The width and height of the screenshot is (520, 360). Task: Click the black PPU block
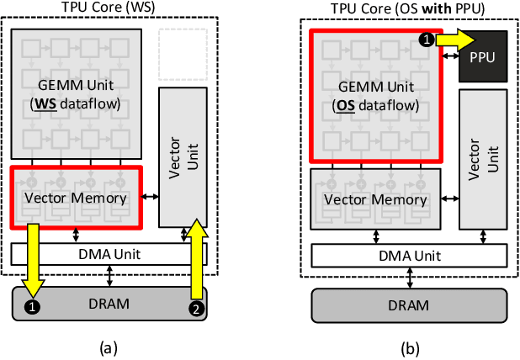(482, 56)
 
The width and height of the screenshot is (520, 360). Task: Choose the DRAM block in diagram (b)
(409, 304)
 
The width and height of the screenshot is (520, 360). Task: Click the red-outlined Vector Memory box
(77, 198)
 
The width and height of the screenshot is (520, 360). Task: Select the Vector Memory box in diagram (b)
(375, 199)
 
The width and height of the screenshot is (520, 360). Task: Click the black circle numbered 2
(195, 310)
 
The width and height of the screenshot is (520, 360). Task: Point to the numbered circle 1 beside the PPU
(427, 39)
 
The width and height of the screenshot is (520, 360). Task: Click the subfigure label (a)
(109, 346)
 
